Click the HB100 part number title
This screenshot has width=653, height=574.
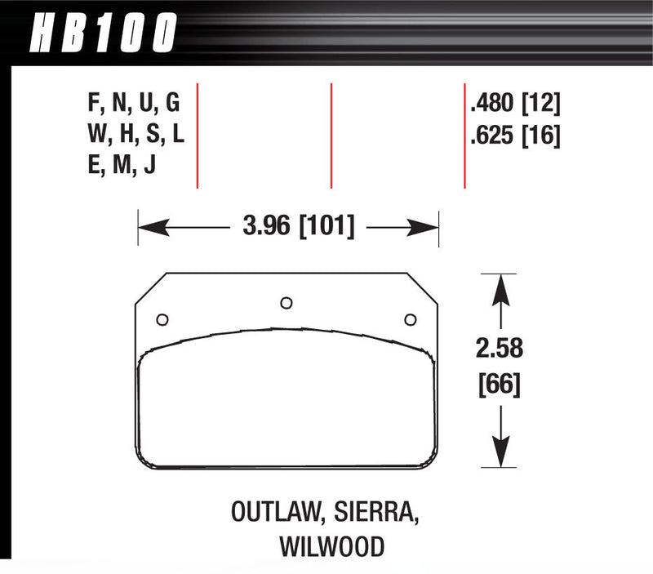coord(102,34)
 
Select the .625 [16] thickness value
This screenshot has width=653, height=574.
coord(514,135)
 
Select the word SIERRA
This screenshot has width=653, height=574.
coord(380,515)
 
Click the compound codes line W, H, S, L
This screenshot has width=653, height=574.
coord(135,135)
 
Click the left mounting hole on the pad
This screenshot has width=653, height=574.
coord(161,319)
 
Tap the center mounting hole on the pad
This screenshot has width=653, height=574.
coord(286,303)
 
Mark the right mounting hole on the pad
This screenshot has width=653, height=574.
coord(411,319)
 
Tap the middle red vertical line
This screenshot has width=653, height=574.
coord(331,135)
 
